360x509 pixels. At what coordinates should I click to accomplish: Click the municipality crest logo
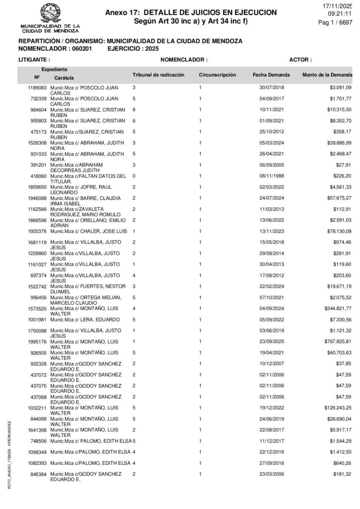tap(49, 12)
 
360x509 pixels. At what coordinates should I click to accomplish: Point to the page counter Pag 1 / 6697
tap(335, 22)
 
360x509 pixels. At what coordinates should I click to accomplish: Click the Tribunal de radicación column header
tap(158, 75)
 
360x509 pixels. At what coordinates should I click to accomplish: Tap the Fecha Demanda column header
tap(271, 75)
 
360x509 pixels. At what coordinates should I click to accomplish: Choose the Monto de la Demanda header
tap(327, 75)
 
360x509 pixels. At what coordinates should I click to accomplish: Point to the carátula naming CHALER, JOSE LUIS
tap(89, 231)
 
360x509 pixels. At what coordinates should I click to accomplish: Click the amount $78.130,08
tap(336, 231)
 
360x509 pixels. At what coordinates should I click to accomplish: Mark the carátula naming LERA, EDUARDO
tap(85, 319)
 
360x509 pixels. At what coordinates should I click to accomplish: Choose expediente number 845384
tap(38, 474)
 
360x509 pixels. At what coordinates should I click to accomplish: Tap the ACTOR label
tap(300, 60)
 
